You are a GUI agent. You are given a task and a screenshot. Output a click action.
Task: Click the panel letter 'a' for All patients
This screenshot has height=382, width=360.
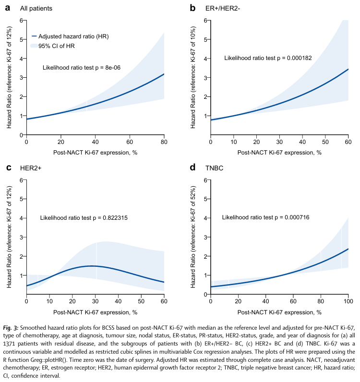click(x=7, y=8)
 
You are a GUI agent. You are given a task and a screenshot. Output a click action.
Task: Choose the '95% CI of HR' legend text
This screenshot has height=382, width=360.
click(x=56, y=46)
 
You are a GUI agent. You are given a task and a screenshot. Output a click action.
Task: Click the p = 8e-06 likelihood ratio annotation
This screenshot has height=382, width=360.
click(x=81, y=68)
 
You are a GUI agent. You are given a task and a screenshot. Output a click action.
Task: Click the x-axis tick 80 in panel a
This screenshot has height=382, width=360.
click(x=164, y=142)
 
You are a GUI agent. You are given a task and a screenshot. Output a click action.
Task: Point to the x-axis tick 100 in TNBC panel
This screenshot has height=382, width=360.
click(x=348, y=301)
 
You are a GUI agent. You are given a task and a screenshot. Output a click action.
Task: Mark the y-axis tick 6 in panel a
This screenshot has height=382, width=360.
click(x=21, y=20)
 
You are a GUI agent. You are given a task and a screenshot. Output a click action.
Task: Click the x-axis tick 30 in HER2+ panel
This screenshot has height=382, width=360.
click(x=95, y=301)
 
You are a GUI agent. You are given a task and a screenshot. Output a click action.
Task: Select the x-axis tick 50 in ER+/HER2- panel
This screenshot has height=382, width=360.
click(x=325, y=142)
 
